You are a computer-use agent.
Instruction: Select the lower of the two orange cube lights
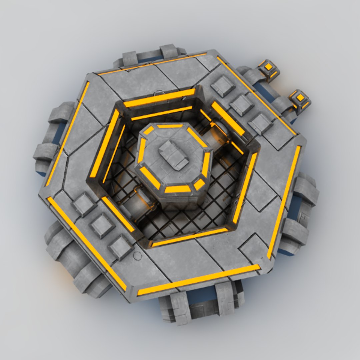(x=300, y=98)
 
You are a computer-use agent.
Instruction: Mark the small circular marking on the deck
(x=137, y=256)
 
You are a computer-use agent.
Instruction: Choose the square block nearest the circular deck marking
(x=121, y=247)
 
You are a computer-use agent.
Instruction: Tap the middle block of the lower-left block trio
(x=102, y=225)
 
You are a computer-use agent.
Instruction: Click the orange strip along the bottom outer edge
(x=199, y=280)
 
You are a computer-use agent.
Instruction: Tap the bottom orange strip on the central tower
(x=178, y=189)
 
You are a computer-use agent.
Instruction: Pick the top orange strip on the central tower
(x=170, y=126)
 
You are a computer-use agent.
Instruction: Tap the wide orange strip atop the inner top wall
(x=159, y=98)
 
